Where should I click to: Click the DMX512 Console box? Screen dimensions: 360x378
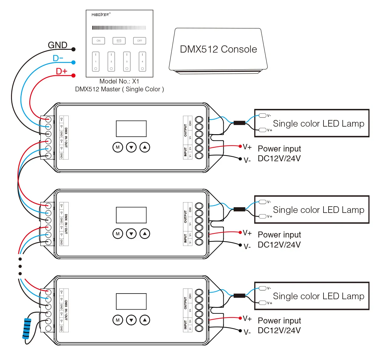(x=218, y=49)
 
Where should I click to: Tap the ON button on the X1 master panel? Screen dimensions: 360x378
(x=98, y=41)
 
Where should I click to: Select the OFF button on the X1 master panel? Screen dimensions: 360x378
(x=140, y=41)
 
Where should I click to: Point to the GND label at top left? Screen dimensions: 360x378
(x=57, y=45)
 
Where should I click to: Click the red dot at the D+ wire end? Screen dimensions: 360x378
(x=73, y=76)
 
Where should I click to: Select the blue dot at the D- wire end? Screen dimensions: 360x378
(x=73, y=62)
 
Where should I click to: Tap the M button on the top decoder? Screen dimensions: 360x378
(x=118, y=147)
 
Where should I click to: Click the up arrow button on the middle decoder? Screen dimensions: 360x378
(x=145, y=234)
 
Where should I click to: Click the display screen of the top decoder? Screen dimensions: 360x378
(x=131, y=129)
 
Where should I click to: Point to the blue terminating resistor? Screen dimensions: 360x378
(x=27, y=328)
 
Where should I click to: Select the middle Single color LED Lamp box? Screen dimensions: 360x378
(x=312, y=210)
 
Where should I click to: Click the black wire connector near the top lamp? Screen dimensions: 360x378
(x=239, y=123)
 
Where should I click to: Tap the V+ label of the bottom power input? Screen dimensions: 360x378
(x=247, y=319)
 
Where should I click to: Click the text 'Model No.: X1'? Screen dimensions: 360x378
(x=119, y=81)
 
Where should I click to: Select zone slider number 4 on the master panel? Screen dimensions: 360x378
(x=142, y=62)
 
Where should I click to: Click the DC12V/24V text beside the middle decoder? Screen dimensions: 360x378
(x=279, y=245)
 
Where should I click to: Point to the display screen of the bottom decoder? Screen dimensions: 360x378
(x=131, y=301)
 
